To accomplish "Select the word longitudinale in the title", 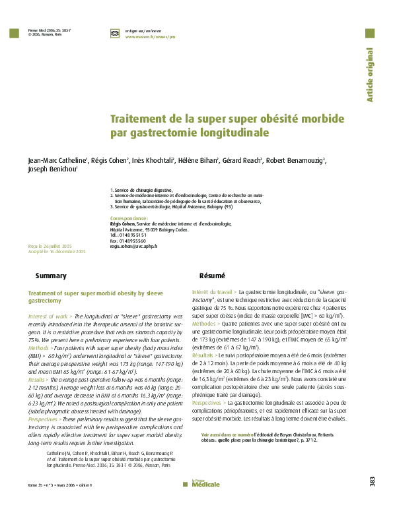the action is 234,133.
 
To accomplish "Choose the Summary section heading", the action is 51,276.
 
